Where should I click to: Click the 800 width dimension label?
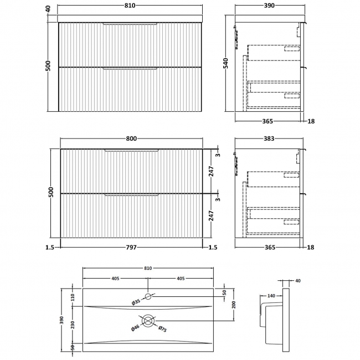[131, 138]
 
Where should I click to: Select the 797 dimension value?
[131, 247]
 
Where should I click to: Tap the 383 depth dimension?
[269, 138]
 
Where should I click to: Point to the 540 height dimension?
[226, 63]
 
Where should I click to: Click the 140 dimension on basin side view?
[271, 296]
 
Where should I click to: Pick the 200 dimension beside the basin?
[234, 305]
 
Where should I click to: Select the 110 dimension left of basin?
[73, 297]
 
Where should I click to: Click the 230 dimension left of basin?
[73, 325]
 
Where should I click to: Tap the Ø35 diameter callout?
[136, 302]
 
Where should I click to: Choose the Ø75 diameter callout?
[162, 329]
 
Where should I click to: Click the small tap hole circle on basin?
[148, 296]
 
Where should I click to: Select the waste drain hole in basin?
[148, 321]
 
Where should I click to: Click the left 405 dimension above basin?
[115, 279]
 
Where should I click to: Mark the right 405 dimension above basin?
[181, 279]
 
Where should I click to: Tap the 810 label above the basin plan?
[148, 268]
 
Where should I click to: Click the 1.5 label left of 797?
[50, 247]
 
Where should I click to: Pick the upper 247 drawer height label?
[211, 171]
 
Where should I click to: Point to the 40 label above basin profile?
[298, 281]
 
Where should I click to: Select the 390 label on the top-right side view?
[269, 6]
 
